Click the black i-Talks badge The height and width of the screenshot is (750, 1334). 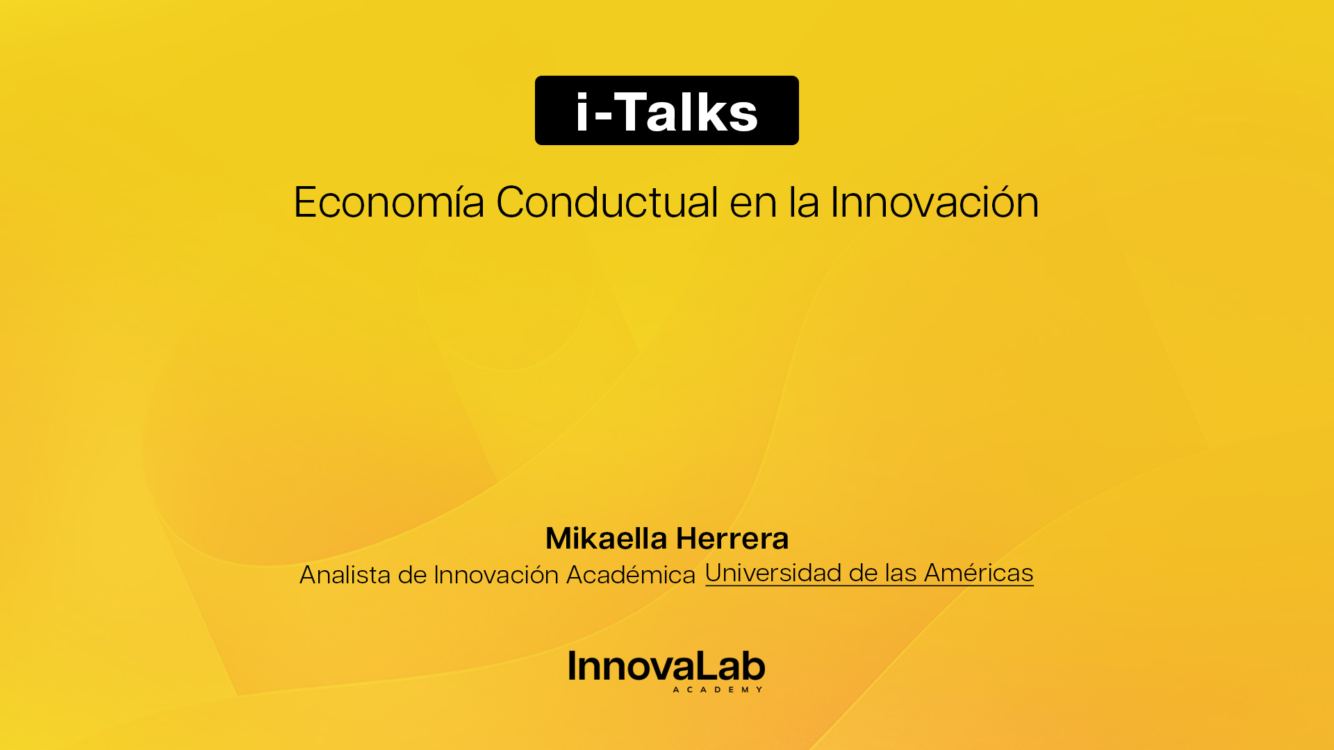click(666, 110)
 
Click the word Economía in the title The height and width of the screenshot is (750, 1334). click(388, 203)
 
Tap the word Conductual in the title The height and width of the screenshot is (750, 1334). click(607, 203)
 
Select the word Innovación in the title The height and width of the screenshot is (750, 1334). click(934, 203)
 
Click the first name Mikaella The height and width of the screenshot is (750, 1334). click(606, 538)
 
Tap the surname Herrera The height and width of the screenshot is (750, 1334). click(732, 539)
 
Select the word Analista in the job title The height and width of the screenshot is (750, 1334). click(345, 575)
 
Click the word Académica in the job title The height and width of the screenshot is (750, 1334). click(630, 575)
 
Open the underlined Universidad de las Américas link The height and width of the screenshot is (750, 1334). click(869, 573)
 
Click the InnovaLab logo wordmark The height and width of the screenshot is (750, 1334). click(666, 667)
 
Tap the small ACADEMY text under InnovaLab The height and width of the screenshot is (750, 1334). click(718, 690)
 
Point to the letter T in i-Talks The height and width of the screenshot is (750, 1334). click(629, 112)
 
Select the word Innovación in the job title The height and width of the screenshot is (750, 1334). click(496, 575)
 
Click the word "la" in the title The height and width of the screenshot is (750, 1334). click(803, 203)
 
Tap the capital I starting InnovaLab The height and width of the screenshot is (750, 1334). click(573, 665)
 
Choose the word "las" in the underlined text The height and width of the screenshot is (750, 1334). click(900, 573)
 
